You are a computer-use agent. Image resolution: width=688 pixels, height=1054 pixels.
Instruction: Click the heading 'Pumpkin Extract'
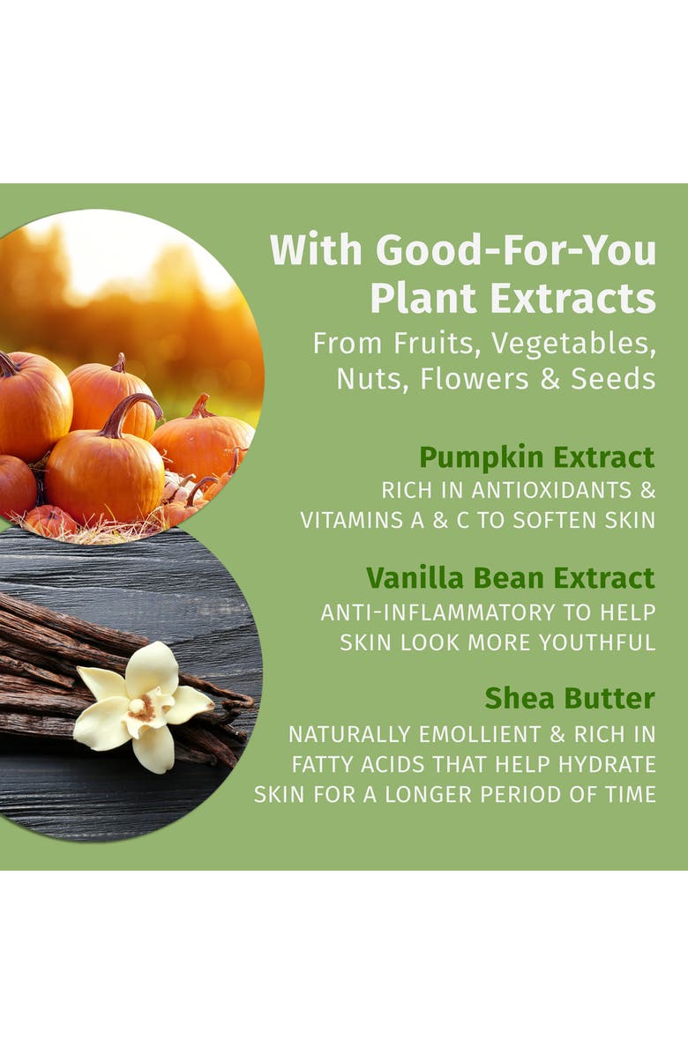point(536,457)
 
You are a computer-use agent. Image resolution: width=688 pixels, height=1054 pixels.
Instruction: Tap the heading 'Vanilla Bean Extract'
point(510,578)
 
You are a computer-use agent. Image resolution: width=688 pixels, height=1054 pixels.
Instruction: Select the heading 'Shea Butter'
point(569,699)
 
